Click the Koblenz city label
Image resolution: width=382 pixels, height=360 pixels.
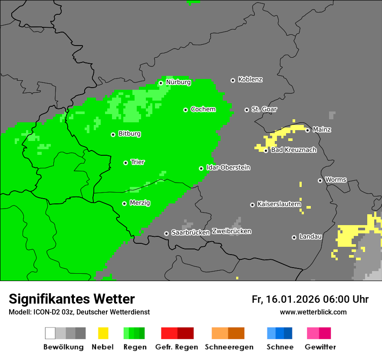click(x=250, y=79)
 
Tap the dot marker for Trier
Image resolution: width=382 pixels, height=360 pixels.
click(x=125, y=163)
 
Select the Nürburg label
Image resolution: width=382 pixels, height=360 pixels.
click(x=178, y=82)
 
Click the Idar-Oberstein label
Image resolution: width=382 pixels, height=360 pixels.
click(x=228, y=167)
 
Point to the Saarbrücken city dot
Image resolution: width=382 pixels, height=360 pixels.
click(x=166, y=233)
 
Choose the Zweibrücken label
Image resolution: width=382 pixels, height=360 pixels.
click(x=231, y=231)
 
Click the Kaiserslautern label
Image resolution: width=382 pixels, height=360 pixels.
click(x=279, y=204)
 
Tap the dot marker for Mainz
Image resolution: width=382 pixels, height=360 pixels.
click(x=307, y=130)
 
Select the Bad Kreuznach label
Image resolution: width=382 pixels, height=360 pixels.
click(x=293, y=150)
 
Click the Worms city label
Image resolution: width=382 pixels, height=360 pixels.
click(x=336, y=180)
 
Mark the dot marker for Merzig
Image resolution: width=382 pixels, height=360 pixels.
click(x=124, y=203)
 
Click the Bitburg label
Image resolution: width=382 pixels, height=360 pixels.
click(x=129, y=134)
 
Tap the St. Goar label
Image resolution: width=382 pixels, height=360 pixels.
click(x=264, y=109)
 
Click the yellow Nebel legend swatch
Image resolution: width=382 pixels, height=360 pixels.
click(x=103, y=333)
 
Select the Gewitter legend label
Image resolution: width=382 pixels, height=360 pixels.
click(x=320, y=347)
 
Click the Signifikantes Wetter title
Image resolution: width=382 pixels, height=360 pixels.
click(x=72, y=299)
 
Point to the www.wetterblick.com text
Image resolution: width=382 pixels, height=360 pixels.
click(x=313, y=312)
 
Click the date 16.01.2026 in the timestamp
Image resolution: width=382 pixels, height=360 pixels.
click(x=291, y=299)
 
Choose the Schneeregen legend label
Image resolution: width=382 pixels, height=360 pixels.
click(x=229, y=347)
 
